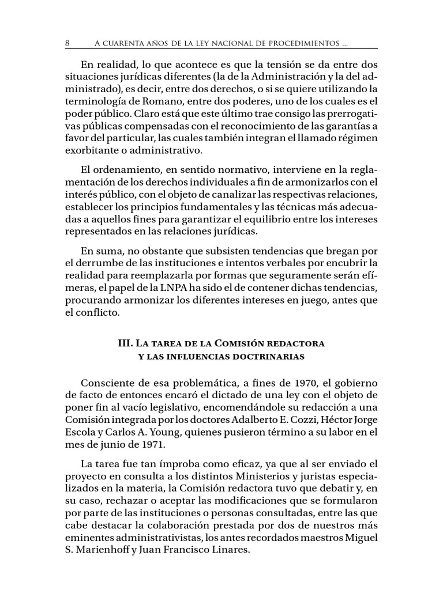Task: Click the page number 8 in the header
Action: (67, 43)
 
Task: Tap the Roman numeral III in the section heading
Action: (125, 343)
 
